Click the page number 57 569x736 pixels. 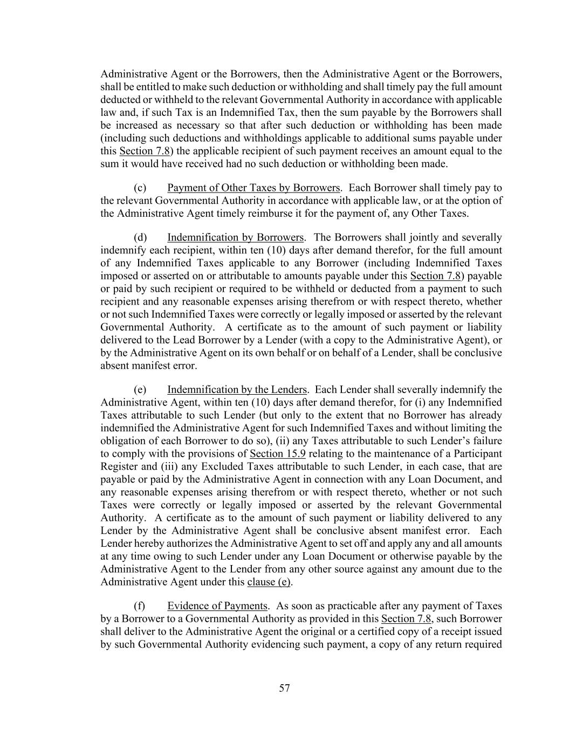pyautogui.click(x=285, y=688)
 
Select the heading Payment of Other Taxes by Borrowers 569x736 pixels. pyautogui.click(x=253, y=188)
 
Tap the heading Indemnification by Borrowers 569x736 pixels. pyautogui.click(x=235, y=237)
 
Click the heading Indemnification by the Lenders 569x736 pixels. pyautogui.click(x=237, y=389)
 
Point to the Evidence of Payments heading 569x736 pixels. pyautogui.click(x=217, y=606)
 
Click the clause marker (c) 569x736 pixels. pyautogui.click(x=140, y=188)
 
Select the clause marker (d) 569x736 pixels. pyautogui.click(x=140, y=237)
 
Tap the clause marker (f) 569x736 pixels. pyautogui.click(x=140, y=606)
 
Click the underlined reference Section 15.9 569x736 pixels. pyautogui.click(x=278, y=453)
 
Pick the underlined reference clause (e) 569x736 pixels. pyautogui.click(x=269, y=582)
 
